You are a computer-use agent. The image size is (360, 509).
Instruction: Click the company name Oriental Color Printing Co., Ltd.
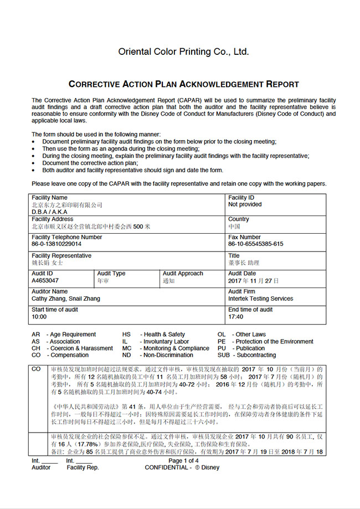[183, 52]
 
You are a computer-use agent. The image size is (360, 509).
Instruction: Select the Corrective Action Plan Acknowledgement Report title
[183, 85]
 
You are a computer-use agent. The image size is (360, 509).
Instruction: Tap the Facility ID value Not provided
[245, 204]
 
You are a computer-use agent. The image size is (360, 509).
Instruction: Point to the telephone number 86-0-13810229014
[56, 244]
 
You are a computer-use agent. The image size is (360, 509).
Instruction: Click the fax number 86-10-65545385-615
[255, 244]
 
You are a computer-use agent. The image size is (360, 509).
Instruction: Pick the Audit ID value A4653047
[45, 281]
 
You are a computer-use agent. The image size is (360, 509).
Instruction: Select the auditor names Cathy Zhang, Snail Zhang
[66, 299]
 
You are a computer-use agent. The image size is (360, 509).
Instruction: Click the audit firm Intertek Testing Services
[260, 299]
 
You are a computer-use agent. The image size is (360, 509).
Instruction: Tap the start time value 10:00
[39, 317]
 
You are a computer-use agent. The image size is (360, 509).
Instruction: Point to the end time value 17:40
[235, 317]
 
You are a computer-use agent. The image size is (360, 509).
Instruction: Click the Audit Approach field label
[183, 274]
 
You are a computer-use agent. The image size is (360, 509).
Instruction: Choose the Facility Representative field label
[61, 255]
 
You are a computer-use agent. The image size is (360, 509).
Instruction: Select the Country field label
[239, 219]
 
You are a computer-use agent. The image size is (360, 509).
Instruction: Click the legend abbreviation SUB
[223, 356]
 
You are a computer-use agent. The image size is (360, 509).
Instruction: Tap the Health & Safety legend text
[164, 335]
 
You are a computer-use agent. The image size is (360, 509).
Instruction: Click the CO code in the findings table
[36, 369]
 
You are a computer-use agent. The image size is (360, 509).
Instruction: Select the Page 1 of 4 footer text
[183, 461]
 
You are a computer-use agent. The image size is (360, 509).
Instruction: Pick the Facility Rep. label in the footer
[83, 467]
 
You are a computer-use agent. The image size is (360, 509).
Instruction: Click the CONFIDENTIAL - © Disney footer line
[182, 467]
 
